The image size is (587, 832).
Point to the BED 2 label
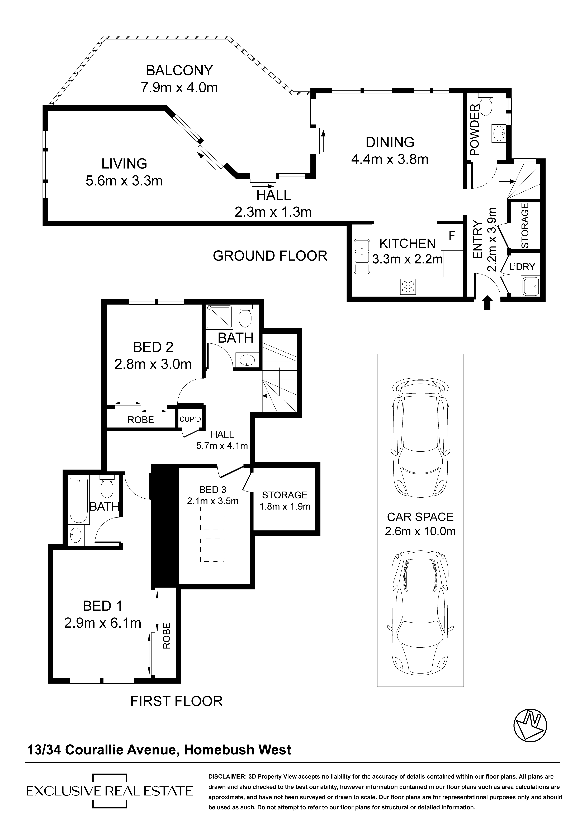[x=153, y=347]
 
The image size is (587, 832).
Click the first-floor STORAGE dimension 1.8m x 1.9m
[x=285, y=506]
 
